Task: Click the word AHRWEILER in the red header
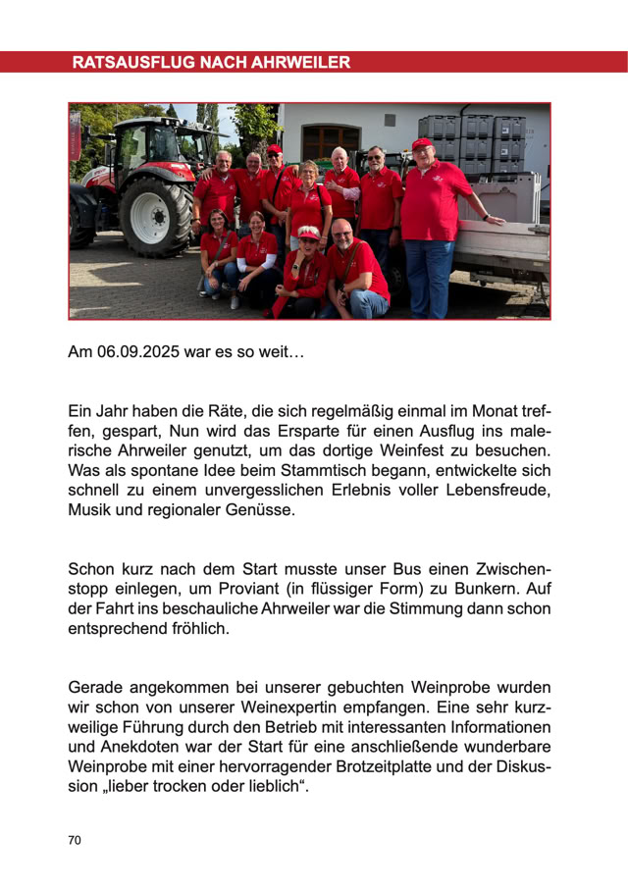300,63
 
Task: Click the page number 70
76,840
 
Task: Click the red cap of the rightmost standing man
423,143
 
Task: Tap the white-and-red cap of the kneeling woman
308,233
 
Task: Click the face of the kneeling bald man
341,234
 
